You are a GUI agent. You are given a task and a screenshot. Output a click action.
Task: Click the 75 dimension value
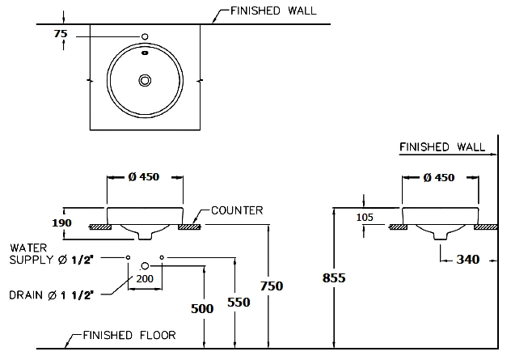click(x=61, y=34)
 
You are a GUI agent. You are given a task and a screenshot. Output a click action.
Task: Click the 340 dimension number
click(x=468, y=260)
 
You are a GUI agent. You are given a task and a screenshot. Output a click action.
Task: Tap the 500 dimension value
click(x=202, y=309)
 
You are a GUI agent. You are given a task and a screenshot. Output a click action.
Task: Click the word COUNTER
click(x=237, y=210)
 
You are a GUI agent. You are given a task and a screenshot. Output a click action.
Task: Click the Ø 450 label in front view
click(x=146, y=178)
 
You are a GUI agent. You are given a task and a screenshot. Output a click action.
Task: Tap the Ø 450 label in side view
click(x=438, y=178)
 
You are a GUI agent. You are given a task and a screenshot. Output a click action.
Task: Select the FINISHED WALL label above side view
click(x=442, y=147)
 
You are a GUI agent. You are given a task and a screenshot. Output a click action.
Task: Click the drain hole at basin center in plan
click(x=146, y=80)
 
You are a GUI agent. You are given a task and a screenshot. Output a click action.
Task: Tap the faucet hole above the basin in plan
click(x=146, y=37)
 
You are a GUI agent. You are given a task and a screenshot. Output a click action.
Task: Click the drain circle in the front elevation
click(x=146, y=265)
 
